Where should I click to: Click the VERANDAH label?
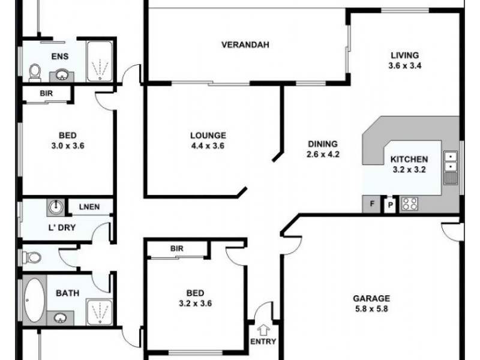coord(245,44)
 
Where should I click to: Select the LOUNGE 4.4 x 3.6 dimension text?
coord(208,145)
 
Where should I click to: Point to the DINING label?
coord(323,144)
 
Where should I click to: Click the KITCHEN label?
coord(409,160)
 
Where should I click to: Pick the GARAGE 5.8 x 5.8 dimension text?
coord(372,308)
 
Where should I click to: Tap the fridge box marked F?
coord(372,204)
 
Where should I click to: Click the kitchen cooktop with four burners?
coord(410,204)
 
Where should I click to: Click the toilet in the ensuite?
coord(35,72)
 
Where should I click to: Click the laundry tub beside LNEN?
coord(55,208)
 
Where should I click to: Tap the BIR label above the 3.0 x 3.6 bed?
coord(46,94)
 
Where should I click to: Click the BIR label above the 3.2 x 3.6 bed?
coord(176,248)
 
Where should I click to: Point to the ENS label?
coord(60,56)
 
